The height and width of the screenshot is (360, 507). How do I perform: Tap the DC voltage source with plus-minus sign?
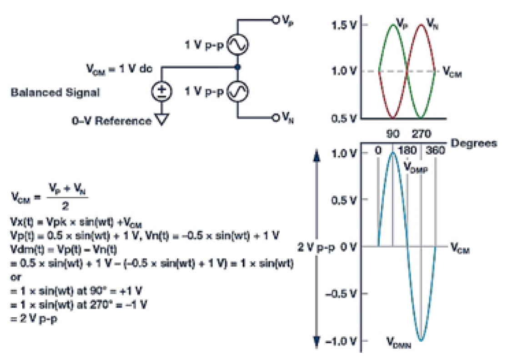click(x=161, y=93)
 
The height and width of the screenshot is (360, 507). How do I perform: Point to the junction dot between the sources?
click(x=237, y=68)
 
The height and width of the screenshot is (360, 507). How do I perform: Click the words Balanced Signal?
click(x=55, y=93)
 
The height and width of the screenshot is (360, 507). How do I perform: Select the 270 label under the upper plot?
click(x=422, y=134)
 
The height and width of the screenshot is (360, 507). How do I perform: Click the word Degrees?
click(x=473, y=143)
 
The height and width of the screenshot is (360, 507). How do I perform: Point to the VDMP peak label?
click(x=417, y=166)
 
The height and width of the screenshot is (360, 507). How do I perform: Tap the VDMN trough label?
click(x=399, y=342)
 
